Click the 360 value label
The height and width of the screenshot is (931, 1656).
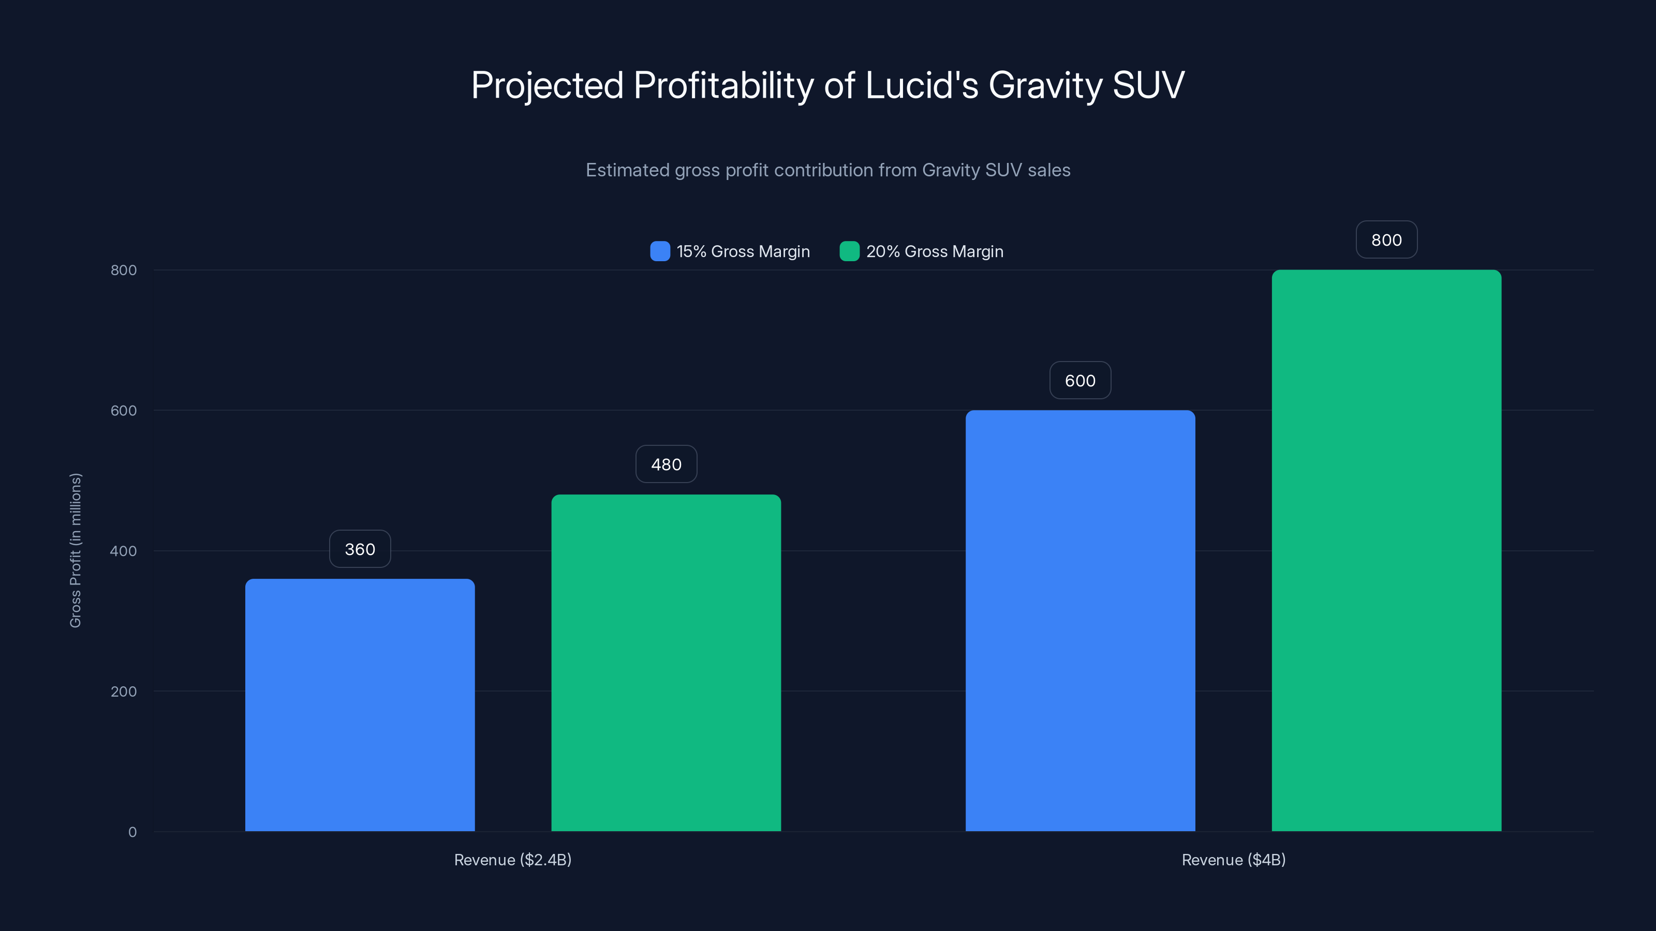[360, 549]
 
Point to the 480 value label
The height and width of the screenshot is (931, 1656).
[666, 464]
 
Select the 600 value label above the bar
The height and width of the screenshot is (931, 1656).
[1080, 380]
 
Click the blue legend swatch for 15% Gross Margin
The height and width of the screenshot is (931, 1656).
[660, 251]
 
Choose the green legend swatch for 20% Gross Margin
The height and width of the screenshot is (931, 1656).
[849, 251]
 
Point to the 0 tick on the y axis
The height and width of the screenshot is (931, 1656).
[132, 832]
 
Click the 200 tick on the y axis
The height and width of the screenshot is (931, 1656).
[124, 692]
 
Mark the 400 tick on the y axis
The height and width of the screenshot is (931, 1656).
[124, 551]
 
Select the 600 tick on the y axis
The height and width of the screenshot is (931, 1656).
[124, 411]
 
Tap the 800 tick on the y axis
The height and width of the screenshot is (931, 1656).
[124, 270]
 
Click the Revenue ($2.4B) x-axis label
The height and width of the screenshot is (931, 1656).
[512, 860]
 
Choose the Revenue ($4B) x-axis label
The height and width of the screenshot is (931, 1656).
[1233, 860]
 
